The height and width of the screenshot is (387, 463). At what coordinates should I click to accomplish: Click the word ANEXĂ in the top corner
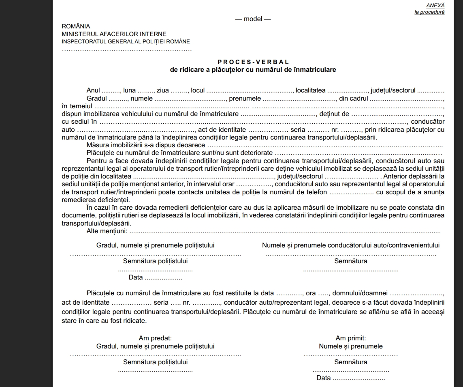click(x=435, y=5)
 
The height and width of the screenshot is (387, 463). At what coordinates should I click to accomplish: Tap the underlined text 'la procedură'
click(x=429, y=12)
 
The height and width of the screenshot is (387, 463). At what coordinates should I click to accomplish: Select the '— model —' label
click(x=253, y=19)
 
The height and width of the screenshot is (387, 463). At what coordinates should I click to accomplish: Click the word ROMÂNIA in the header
click(x=76, y=26)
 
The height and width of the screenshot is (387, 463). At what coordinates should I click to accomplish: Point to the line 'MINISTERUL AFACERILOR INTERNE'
click(x=114, y=34)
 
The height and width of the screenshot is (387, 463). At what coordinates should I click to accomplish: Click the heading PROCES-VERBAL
click(x=253, y=62)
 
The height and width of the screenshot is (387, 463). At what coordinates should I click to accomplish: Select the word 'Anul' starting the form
click(x=93, y=90)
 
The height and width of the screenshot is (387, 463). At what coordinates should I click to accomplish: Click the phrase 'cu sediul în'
click(x=79, y=122)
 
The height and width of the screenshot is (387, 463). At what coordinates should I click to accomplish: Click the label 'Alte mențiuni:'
click(x=107, y=231)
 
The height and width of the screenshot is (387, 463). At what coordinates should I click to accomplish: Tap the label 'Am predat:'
click(x=155, y=338)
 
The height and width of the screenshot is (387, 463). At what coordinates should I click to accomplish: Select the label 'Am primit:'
click(x=351, y=338)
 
